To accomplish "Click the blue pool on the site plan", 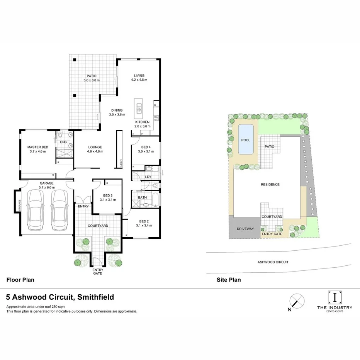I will (x=246, y=140).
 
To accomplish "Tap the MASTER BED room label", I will (x=37, y=147).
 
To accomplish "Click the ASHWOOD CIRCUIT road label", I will (x=273, y=262).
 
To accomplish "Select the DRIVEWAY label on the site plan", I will (x=245, y=229).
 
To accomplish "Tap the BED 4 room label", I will (x=146, y=147).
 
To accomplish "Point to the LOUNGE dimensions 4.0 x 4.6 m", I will (x=95, y=151).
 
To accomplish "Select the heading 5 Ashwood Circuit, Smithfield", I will (x=60, y=297).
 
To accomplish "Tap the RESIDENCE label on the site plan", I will (x=270, y=184).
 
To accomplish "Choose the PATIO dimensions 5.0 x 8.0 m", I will (x=92, y=80).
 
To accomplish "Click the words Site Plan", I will (x=229, y=280).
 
